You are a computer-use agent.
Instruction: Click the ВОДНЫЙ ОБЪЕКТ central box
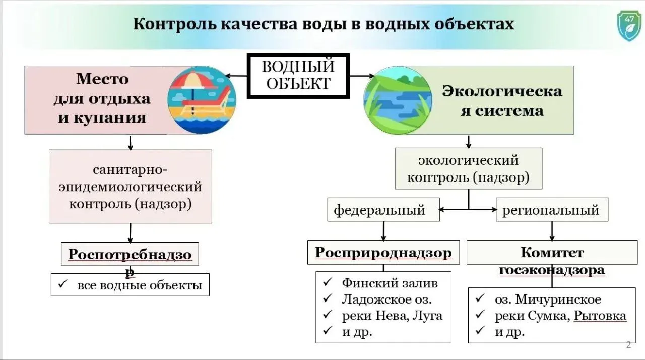(x=298, y=76)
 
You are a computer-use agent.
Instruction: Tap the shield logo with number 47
(x=629, y=26)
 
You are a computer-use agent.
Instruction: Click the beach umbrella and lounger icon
(x=201, y=100)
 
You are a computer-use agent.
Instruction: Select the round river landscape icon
(x=398, y=100)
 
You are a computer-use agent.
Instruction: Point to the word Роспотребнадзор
(x=130, y=255)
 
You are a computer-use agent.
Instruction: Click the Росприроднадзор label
(x=383, y=253)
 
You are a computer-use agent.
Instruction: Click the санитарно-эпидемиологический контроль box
(x=130, y=186)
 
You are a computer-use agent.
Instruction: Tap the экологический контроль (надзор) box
(x=468, y=169)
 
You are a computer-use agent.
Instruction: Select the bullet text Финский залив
(x=390, y=283)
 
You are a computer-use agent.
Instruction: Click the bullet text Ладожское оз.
(x=386, y=299)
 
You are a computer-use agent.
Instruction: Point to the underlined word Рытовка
(x=600, y=316)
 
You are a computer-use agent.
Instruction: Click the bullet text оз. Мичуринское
(x=548, y=299)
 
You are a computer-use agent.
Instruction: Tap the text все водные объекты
(x=140, y=285)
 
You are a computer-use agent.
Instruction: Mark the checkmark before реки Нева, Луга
(x=328, y=315)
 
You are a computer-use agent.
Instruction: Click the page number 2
(x=628, y=345)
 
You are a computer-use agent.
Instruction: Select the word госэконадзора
(x=552, y=270)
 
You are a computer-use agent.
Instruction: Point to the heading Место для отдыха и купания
(x=102, y=98)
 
